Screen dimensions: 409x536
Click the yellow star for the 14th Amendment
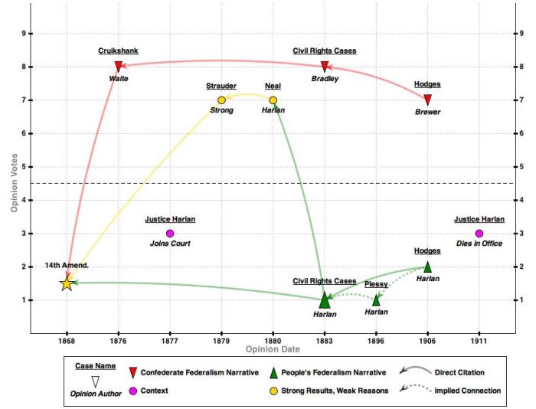tap(67, 283)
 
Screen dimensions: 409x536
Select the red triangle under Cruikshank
tap(118, 67)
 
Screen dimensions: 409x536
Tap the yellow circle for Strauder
tap(221, 100)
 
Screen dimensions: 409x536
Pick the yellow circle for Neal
tap(273, 100)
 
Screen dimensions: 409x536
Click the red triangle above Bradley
tap(325, 67)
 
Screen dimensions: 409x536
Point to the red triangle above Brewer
tap(427, 100)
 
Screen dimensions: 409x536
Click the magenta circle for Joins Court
tap(170, 234)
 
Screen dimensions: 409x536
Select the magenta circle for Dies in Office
tap(479, 234)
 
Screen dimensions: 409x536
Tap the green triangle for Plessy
tap(376, 300)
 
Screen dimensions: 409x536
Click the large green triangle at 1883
tap(325, 299)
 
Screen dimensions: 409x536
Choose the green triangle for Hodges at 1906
tap(427, 267)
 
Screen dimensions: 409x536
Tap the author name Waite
tap(118, 79)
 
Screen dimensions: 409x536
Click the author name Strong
tap(221, 111)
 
